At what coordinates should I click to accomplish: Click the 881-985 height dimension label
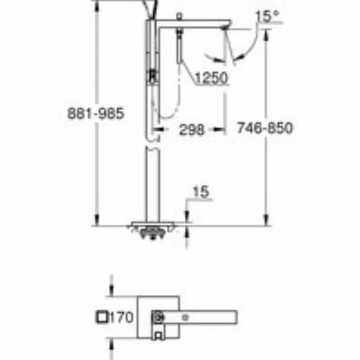click(x=96, y=113)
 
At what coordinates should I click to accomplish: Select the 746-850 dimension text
click(x=265, y=127)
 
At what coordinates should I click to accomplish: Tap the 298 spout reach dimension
click(x=192, y=130)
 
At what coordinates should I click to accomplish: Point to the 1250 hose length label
click(x=211, y=78)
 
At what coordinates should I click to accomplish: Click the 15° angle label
click(x=267, y=17)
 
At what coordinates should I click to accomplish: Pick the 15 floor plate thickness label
click(x=201, y=192)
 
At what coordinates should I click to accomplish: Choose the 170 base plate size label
click(x=121, y=318)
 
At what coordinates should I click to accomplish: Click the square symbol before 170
click(x=102, y=317)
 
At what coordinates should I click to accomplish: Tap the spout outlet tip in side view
click(x=225, y=28)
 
